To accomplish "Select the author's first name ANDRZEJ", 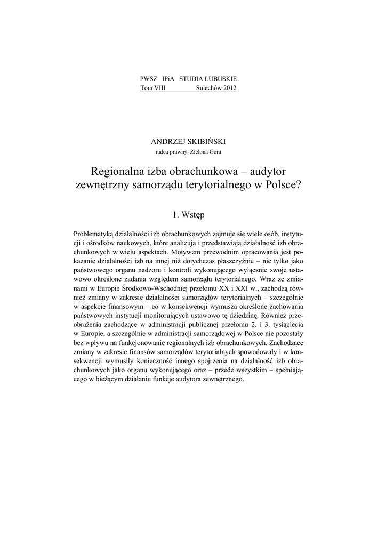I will tap(170, 142).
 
